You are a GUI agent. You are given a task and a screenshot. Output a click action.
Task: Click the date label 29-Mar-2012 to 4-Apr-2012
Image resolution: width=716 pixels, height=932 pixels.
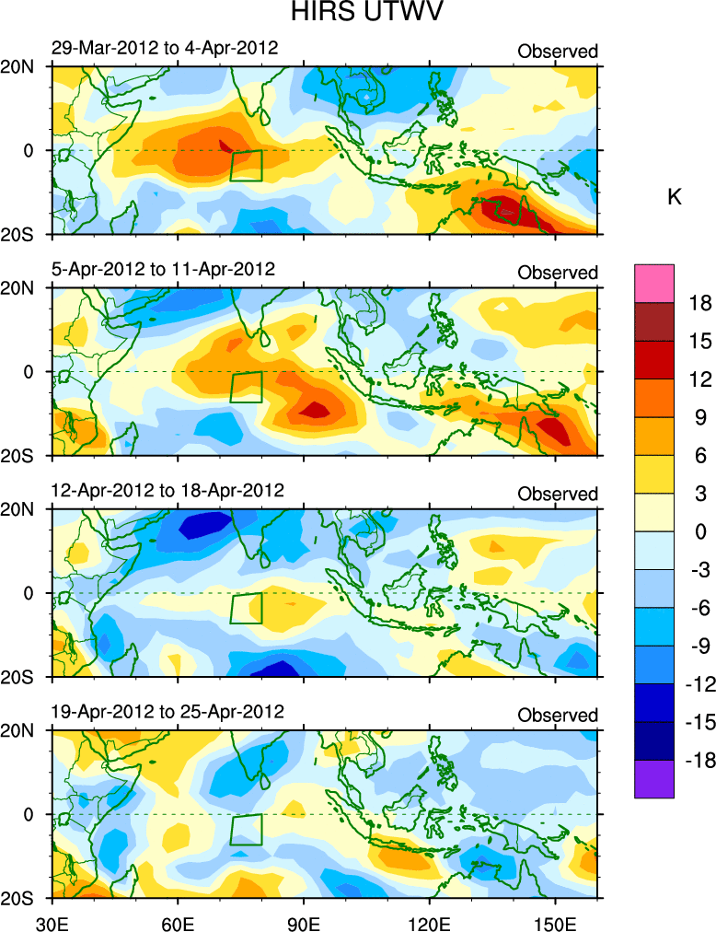coord(165,48)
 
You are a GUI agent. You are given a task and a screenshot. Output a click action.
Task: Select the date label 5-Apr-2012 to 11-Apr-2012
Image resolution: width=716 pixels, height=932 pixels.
coord(164,270)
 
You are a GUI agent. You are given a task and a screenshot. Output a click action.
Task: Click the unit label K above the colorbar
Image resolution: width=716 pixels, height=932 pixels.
coord(674,197)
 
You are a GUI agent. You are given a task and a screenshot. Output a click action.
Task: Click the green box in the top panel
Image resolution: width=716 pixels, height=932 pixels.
coord(246,166)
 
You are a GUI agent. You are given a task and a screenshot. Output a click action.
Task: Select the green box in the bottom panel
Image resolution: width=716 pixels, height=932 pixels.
coord(246,830)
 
